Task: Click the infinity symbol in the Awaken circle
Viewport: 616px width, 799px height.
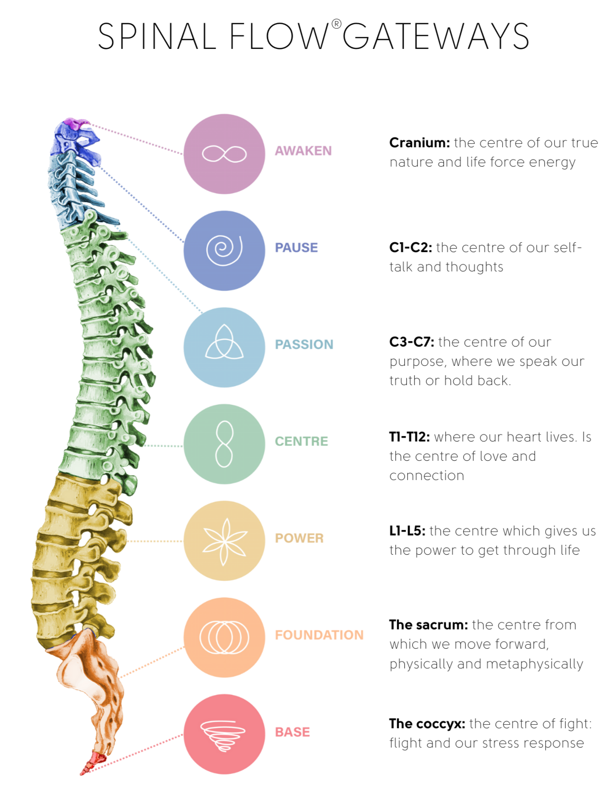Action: (224, 154)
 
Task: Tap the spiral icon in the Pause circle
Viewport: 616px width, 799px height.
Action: (224, 250)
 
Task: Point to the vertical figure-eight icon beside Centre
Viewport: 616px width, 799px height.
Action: (224, 444)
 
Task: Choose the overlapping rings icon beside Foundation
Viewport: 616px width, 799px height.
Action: (224, 637)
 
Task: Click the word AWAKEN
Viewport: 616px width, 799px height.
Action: (302, 150)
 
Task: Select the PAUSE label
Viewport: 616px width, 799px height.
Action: (296, 247)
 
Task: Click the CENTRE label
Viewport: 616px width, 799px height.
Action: (301, 441)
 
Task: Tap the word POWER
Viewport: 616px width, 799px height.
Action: (299, 537)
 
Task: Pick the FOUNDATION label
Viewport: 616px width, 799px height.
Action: (320, 634)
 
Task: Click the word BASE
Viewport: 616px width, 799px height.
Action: (292, 731)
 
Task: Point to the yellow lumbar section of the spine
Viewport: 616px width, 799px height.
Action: (74, 554)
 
